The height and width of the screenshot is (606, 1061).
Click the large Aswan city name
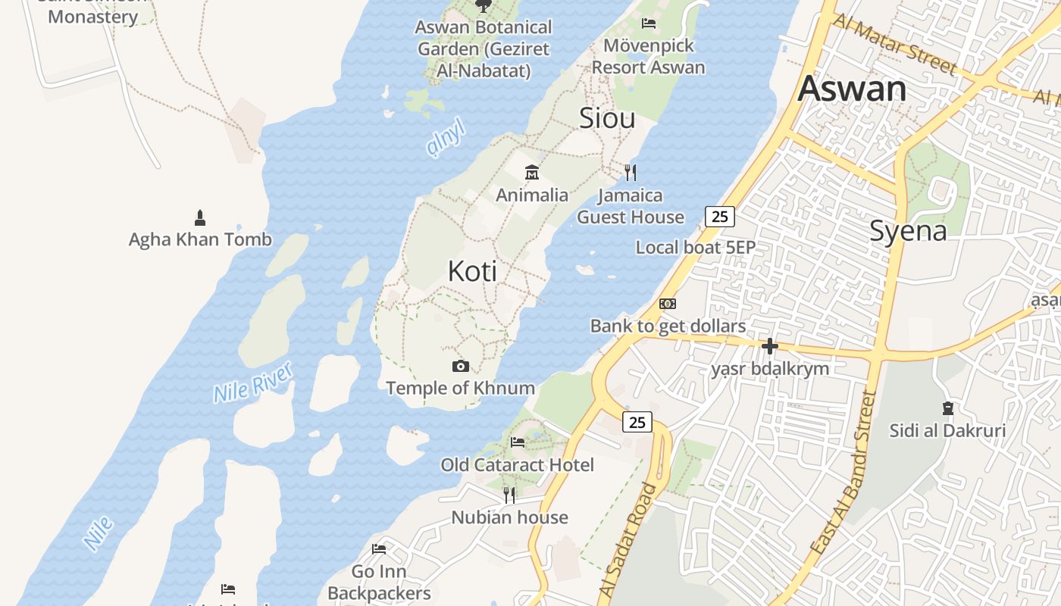click(x=852, y=89)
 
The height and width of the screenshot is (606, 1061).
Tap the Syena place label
click(x=908, y=230)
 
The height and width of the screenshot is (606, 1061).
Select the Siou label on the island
click(x=607, y=118)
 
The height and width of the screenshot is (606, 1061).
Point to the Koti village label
click(x=472, y=270)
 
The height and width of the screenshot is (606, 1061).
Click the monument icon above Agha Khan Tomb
click(x=200, y=218)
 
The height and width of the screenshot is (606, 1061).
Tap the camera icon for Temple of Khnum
click(x=460, y=367)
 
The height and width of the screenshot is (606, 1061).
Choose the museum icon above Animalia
click(x=532, y=173)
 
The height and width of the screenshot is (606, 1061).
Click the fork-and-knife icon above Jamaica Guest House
click(x=631, y=173)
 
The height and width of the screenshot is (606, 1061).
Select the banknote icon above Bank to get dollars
click(x=668, y=304)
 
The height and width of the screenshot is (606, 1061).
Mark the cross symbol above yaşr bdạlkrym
click(x=770, y=347)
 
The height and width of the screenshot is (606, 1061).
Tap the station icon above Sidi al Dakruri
click(x=947, y=408)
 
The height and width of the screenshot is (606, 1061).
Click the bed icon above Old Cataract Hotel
click(x=518, y=442)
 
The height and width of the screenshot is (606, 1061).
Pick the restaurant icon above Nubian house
click(x=509, y=495)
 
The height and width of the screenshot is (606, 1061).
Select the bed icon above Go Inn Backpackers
click(x=379, y=548)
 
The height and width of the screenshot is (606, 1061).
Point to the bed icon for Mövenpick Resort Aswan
click(x=649, y=23)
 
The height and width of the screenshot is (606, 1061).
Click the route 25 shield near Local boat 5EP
click(x=720, y=217)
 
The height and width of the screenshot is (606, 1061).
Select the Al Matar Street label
click(x=894, y=43)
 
